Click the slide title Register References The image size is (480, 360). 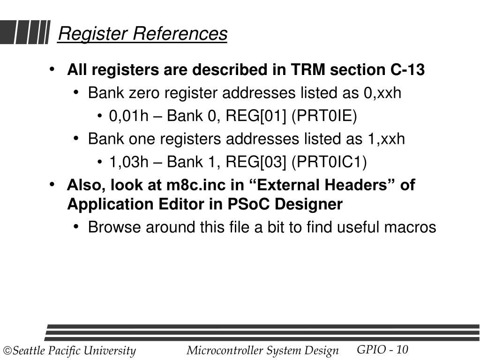(x=142, y=34)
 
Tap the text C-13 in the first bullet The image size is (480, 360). (x=407, y=70)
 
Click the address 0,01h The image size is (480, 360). (x=128, y=116)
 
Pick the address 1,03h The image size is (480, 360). (x=128, y=162)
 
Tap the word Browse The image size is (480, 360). (x=114, y=227)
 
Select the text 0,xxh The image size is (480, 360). (x=382, y=93)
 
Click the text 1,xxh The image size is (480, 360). (x=386, y=139)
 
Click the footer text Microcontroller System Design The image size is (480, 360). (x=262, y=351)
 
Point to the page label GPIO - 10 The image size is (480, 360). (x=382, y=350)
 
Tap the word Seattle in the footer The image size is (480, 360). (x=28, y=351)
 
